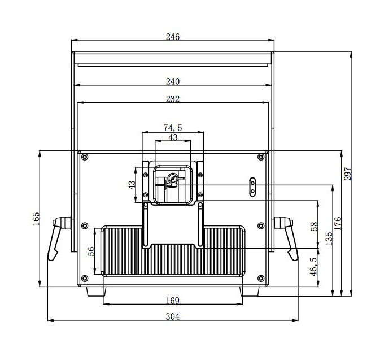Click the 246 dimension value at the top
click(172, 37)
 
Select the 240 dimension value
click(172, 81)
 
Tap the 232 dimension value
click(172, 99)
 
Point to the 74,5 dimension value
click(172, 128)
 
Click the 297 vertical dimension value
click(348, 174)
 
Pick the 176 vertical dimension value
click(337, 223)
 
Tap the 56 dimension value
click(91, 251)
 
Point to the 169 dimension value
click(172, 300)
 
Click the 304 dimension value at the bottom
click(172, 317)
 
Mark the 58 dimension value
click(314, 227)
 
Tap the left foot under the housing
click(95, 292)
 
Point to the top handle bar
click(172, 58)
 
